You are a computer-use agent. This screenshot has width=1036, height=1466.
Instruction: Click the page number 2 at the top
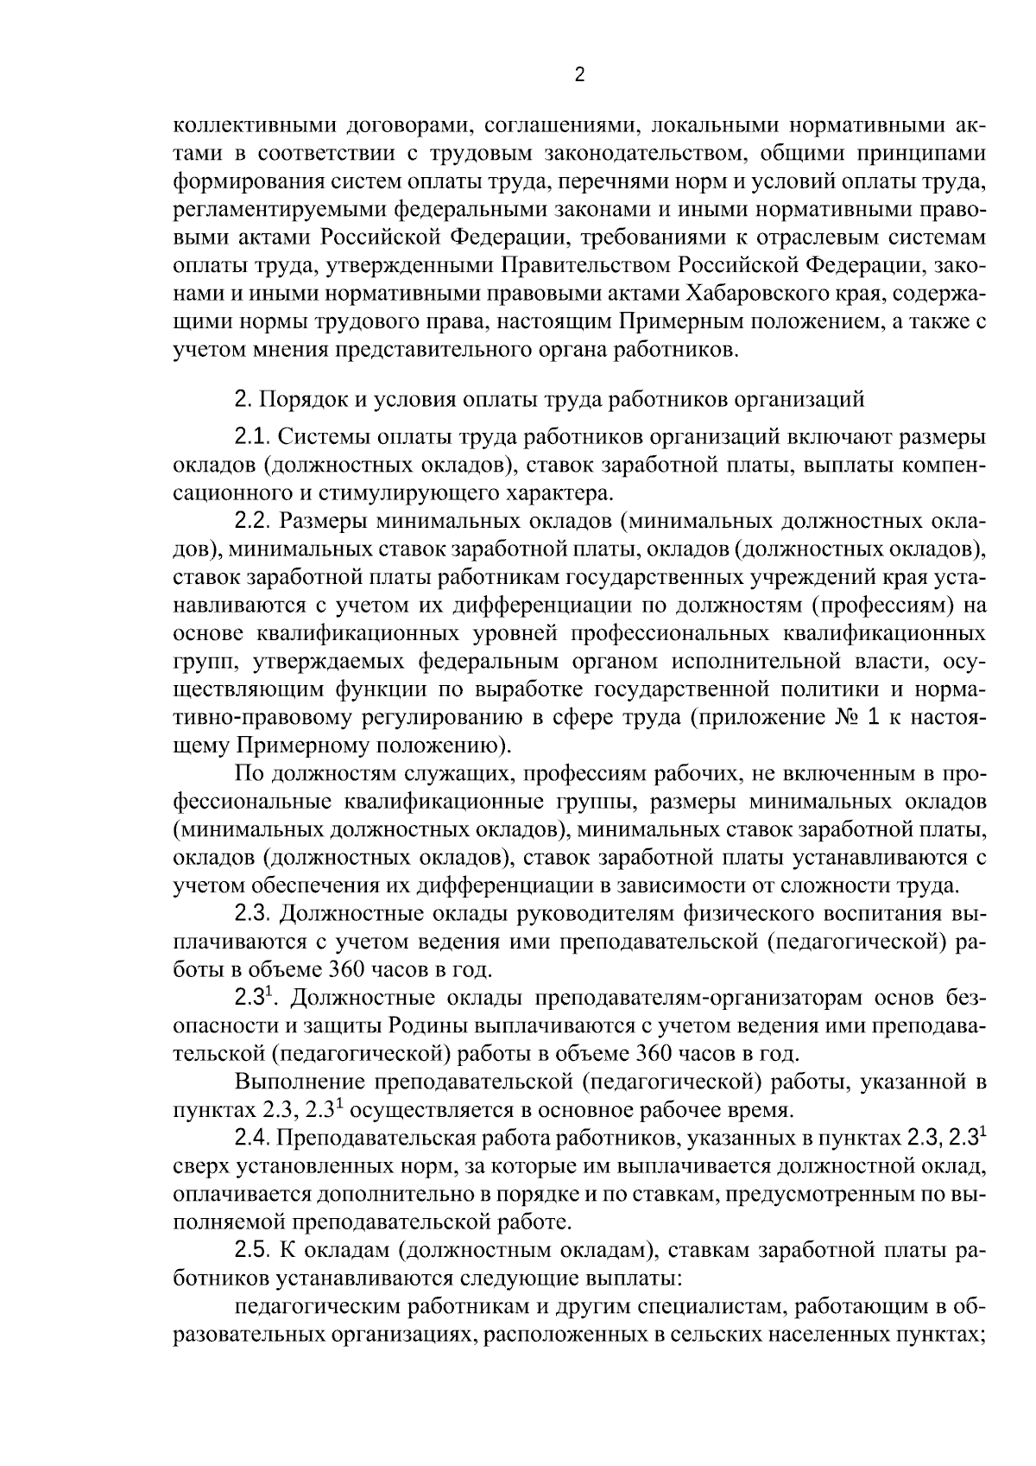pos(579,75)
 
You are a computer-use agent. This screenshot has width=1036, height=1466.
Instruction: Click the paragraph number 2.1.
pos(254,437)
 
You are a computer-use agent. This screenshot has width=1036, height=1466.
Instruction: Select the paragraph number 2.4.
pos(254,1139)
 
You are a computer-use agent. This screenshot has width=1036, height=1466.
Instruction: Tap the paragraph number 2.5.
pos(254,1252)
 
